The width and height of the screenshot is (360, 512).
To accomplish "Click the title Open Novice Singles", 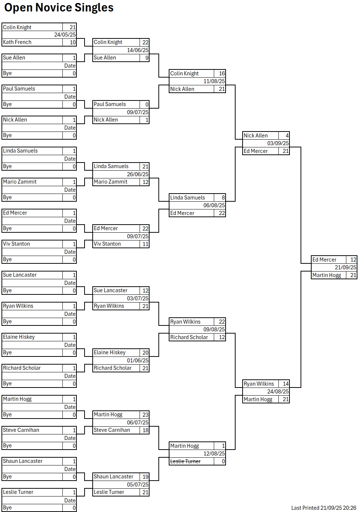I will click(x=59, y=7).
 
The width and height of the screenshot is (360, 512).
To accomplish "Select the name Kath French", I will click(x=17, y=42).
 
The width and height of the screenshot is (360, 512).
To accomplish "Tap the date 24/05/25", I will click(x=65, y=35).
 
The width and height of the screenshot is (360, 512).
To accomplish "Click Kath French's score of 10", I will click(x=72, y=42).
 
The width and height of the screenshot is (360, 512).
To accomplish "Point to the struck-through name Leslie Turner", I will click(x=185, y=461).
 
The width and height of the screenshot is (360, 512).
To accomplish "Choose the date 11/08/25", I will click(x=214, y=81).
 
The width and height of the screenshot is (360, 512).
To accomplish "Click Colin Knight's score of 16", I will click(x=222, y=74).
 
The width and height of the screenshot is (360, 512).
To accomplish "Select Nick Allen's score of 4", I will click(x=287, y=136).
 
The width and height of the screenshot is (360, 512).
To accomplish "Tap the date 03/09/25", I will click(x=278, y=143).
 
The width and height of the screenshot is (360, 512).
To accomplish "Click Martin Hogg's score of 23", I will click(x=145, y=415).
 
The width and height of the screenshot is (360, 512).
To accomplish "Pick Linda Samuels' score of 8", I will click(x=223, y=198).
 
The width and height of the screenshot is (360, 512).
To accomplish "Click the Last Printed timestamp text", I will click(x=323, y=508).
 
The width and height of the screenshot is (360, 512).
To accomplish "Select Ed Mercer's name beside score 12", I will click(x=324, y=260).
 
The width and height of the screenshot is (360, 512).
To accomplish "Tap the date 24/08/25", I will click(x=278, y=392).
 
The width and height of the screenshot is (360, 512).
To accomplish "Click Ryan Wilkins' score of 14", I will click(x=285, y=384).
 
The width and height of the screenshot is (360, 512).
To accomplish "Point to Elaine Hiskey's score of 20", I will click(x=145, y=353).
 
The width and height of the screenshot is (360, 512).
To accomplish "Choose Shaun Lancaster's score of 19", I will click(x=145, y=477).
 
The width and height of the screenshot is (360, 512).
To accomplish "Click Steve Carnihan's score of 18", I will click(x=145, y=430).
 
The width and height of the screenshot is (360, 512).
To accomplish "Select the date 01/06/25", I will click(x=137, y=361).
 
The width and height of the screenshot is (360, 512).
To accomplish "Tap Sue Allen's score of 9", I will click(x=147, y=58).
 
